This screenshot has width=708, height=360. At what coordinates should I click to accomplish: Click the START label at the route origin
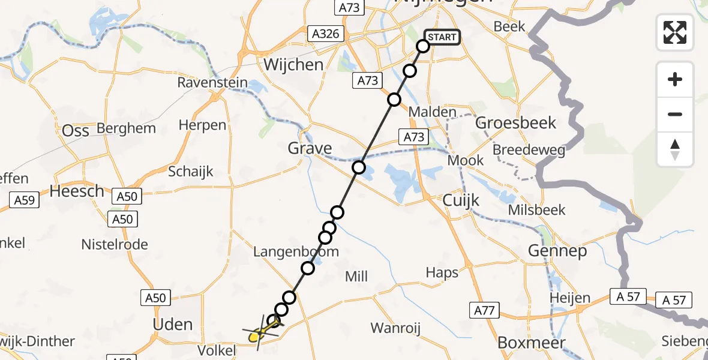tap(442, 37)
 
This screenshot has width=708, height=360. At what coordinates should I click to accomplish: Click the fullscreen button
tap(675, 32)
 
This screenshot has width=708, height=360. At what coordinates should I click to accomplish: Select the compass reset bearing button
tap(675, 149)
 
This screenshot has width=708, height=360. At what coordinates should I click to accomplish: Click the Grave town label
tap(310, 148)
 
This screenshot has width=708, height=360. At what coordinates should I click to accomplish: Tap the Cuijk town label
tap(461, 200)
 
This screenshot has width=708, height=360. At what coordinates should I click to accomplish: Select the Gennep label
tap(557, 251)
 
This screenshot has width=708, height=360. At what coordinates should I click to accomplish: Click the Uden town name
tap(173, 325)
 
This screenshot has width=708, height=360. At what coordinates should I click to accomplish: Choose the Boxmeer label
tap(531, 343)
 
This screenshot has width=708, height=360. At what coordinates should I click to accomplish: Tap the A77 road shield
tap(483, 310)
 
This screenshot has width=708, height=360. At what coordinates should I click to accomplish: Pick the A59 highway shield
tap(25, 199)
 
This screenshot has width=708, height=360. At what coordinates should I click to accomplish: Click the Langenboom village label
tap(296, 252)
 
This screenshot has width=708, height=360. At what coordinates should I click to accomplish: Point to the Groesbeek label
tap(515, 123)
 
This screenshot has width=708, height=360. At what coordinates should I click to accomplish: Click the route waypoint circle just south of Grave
tap(359, 167)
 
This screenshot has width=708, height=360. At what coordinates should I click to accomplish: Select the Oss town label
tap(76, 130)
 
